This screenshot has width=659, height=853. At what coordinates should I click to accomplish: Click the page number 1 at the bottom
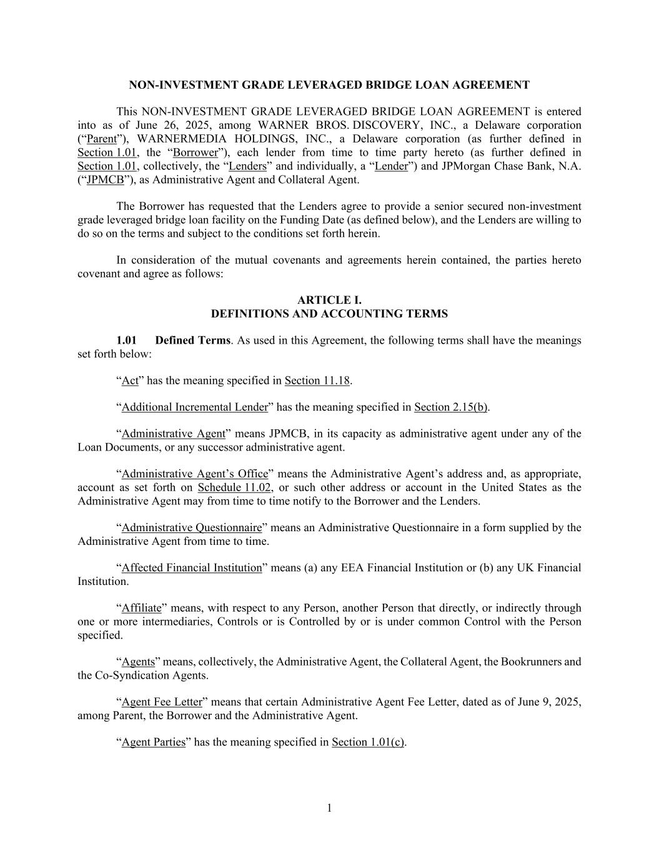(x=329, y=808)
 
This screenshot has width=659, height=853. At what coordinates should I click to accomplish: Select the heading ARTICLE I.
(x=329, y=300)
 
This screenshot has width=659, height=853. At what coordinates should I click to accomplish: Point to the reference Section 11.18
(x=317, y=380)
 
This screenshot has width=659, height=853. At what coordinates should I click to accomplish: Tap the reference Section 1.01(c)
(x=368, y=742)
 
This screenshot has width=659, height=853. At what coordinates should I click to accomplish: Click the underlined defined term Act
(x=130, y=380)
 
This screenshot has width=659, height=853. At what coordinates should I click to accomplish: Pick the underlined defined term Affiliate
(x=141, y=607)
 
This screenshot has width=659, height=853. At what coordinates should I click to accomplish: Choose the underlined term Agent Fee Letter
(x=162, y=702)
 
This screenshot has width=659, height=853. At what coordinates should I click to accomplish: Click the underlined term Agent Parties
(x=154, y=742)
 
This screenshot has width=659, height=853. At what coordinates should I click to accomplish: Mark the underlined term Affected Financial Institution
(x=192, y=567)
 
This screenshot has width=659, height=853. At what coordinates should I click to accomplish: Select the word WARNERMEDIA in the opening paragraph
(x=175, y=139)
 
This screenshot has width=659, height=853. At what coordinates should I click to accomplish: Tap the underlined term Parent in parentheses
(x=101, y=139)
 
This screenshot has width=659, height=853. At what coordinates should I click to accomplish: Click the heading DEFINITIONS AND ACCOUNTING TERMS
(x=329, y=314)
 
